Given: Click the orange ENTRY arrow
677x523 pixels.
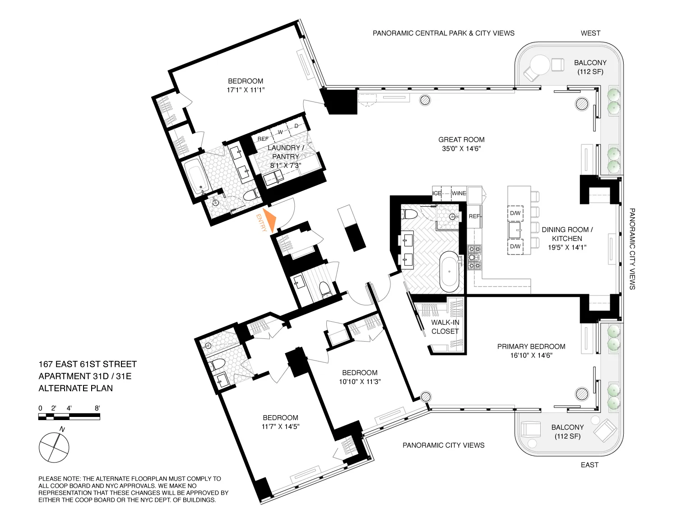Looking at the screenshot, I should pos(269,220).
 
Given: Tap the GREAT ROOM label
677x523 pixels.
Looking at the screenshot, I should pos(461,140).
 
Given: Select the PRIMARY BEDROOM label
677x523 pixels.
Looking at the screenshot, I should pos(531,347).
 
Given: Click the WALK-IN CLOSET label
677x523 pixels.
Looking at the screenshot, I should pos(445,327).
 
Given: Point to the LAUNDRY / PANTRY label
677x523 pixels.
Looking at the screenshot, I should pos(285,152).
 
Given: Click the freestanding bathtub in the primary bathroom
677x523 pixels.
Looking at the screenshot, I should pos(449,272).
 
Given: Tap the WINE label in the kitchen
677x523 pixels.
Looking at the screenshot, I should pos(459,193).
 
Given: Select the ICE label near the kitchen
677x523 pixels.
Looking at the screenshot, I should pos(437,193).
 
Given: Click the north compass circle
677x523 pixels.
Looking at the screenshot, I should pos(54,448).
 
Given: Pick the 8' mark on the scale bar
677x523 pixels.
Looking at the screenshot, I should pos(97,408).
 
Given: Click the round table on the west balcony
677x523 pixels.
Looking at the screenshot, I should pos(540,64).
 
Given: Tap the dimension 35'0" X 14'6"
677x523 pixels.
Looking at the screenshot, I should pos(461,149).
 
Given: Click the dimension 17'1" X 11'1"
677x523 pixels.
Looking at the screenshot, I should pos(246,90).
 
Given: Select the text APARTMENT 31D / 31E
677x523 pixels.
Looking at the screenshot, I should pos(85,376).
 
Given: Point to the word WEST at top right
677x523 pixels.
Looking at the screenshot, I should pos(590,33).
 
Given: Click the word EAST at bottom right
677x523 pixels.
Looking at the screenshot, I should pos(589,465).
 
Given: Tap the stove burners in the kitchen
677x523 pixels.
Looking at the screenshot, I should pos(474,257).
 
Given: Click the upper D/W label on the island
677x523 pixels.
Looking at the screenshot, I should pos(515,213).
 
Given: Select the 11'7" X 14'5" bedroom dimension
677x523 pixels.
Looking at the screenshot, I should pos(280,426).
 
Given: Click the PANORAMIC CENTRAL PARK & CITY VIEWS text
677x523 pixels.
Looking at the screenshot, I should pos(443,33).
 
